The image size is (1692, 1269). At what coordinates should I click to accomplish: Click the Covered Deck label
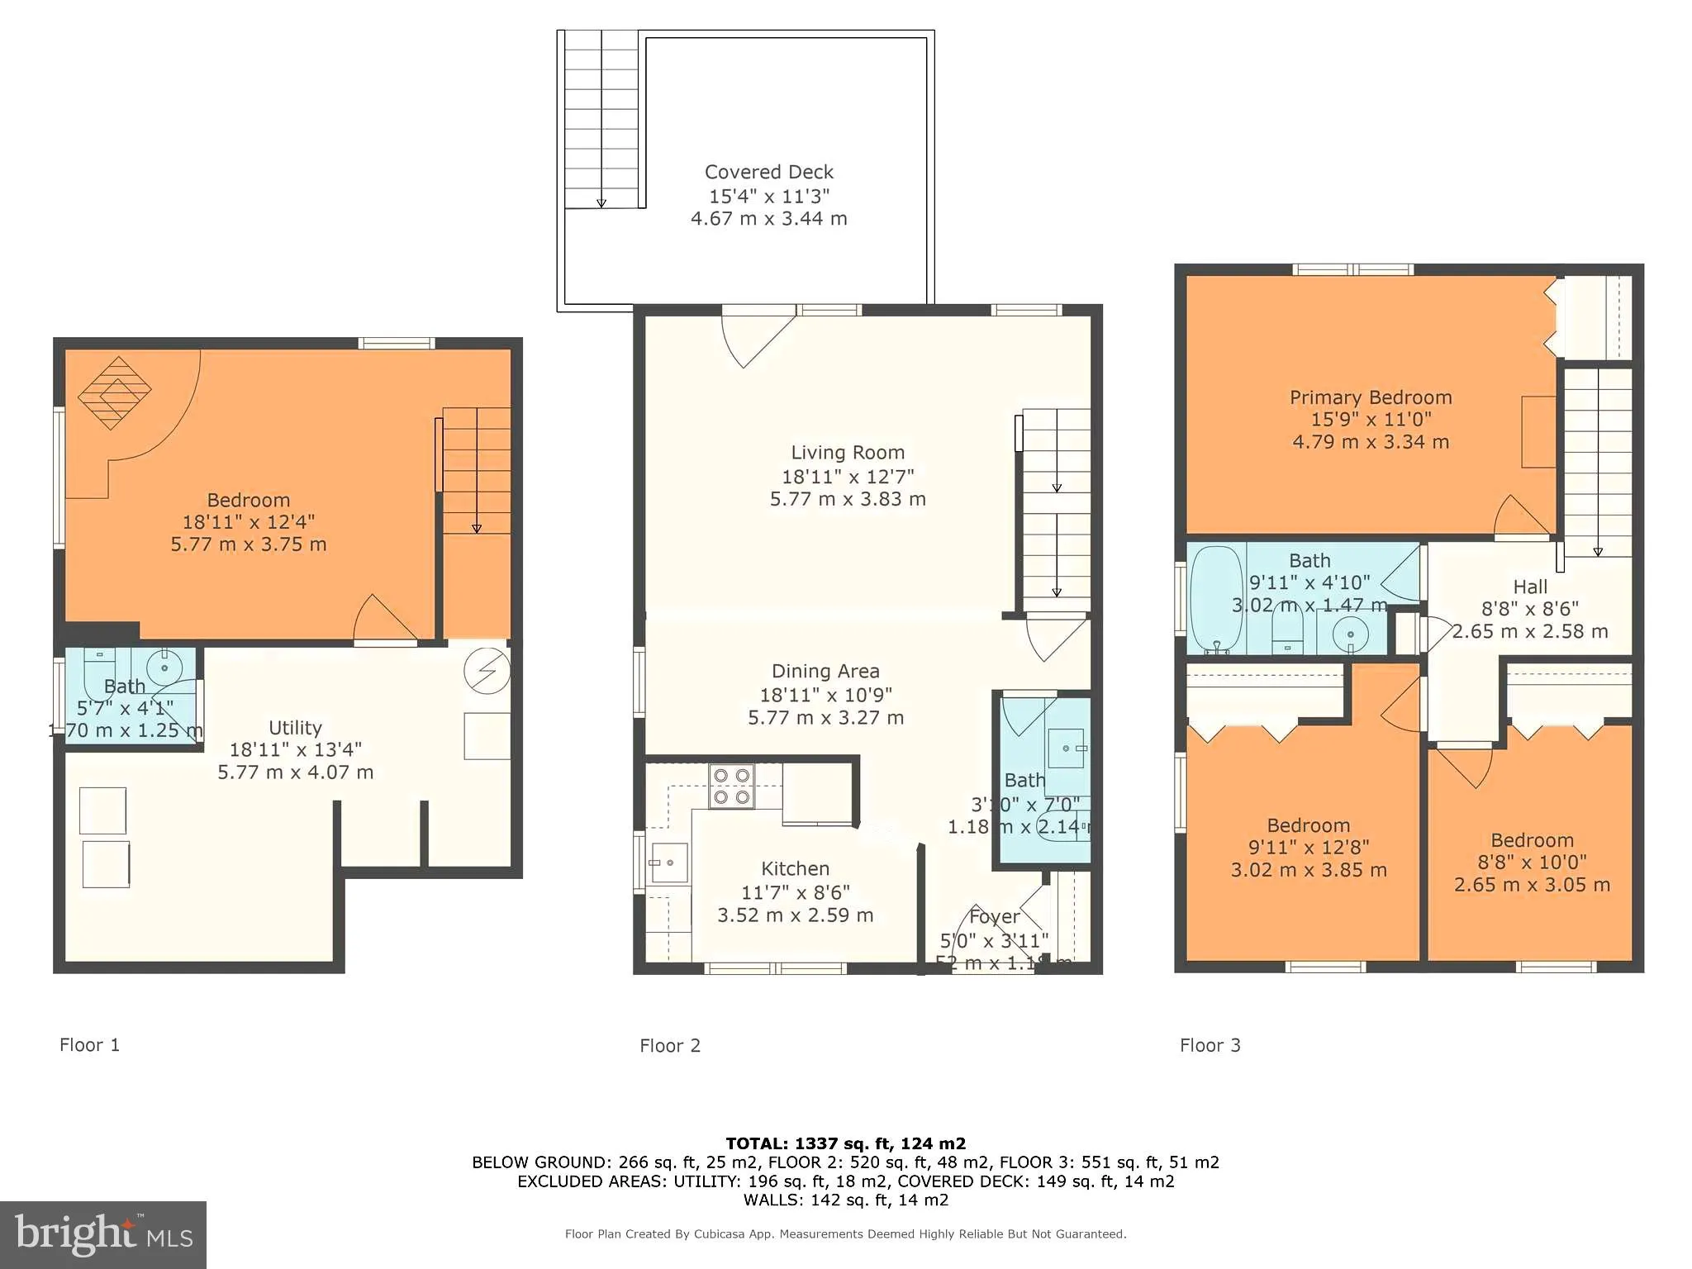[x=768, y=172]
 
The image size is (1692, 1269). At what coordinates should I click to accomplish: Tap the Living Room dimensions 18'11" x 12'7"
[x=848, y=477]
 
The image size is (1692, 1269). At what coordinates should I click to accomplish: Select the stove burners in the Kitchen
[x=731, y=786]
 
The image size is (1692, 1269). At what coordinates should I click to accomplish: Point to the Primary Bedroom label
[x=1371, y=397]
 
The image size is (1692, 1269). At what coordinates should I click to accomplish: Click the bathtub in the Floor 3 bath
[x=1216, y=598]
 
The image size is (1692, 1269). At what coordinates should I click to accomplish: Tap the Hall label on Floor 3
[x=1530, y=587]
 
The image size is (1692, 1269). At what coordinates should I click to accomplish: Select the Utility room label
[x=295, y=728]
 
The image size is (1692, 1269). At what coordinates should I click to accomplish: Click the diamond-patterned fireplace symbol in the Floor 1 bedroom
[x=115, y=392]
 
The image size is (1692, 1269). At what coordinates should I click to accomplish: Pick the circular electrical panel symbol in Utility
[x=486, y=671]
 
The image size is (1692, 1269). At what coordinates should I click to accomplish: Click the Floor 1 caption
[x=89, y=1045]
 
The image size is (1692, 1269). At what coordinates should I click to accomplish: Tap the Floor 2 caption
[x=670, y=1046]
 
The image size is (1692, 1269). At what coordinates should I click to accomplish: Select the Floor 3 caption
[x=1210, y=1046]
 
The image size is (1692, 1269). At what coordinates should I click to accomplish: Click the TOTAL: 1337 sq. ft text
[x=845, y=1143]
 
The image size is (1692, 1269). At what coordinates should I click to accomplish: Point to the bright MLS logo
[x=102, y=1234]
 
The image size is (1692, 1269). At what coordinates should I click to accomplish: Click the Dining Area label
[x=825, y=672]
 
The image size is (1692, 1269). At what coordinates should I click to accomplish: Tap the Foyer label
[x=994, y=917]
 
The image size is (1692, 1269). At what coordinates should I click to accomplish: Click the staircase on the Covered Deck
[x=601, y=120]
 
